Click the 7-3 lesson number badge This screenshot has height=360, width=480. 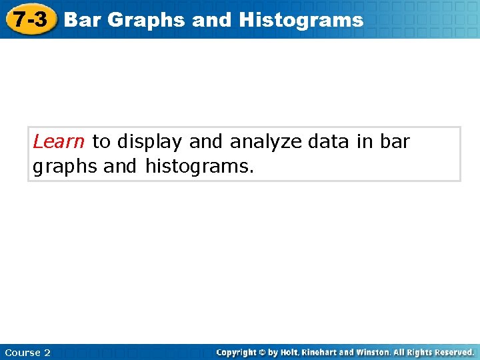pyautogui.click(x=31, y=20)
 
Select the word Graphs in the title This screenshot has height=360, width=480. pyautogui.click(x=146, y=20)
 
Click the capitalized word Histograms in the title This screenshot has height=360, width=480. pyautogui.click(x=301, y=20)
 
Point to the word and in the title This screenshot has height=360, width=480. pyautogui.click(x=211, y=20)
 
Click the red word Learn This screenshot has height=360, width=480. pyautogui.click(x=59, y=141)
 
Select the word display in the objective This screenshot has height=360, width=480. pyautogui.click(x=151, y=141)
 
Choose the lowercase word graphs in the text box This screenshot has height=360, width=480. pyautogui.click(x=65, y=166)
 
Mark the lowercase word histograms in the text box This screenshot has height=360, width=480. pyautogui.click(x=199, y=165)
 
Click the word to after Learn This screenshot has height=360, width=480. pyautogui.click(x=101, y=141)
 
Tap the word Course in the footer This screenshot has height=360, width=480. pyautogui.click(x=22, y=352)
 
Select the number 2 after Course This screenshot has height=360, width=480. pyautogui.click(x=47, y=352)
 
